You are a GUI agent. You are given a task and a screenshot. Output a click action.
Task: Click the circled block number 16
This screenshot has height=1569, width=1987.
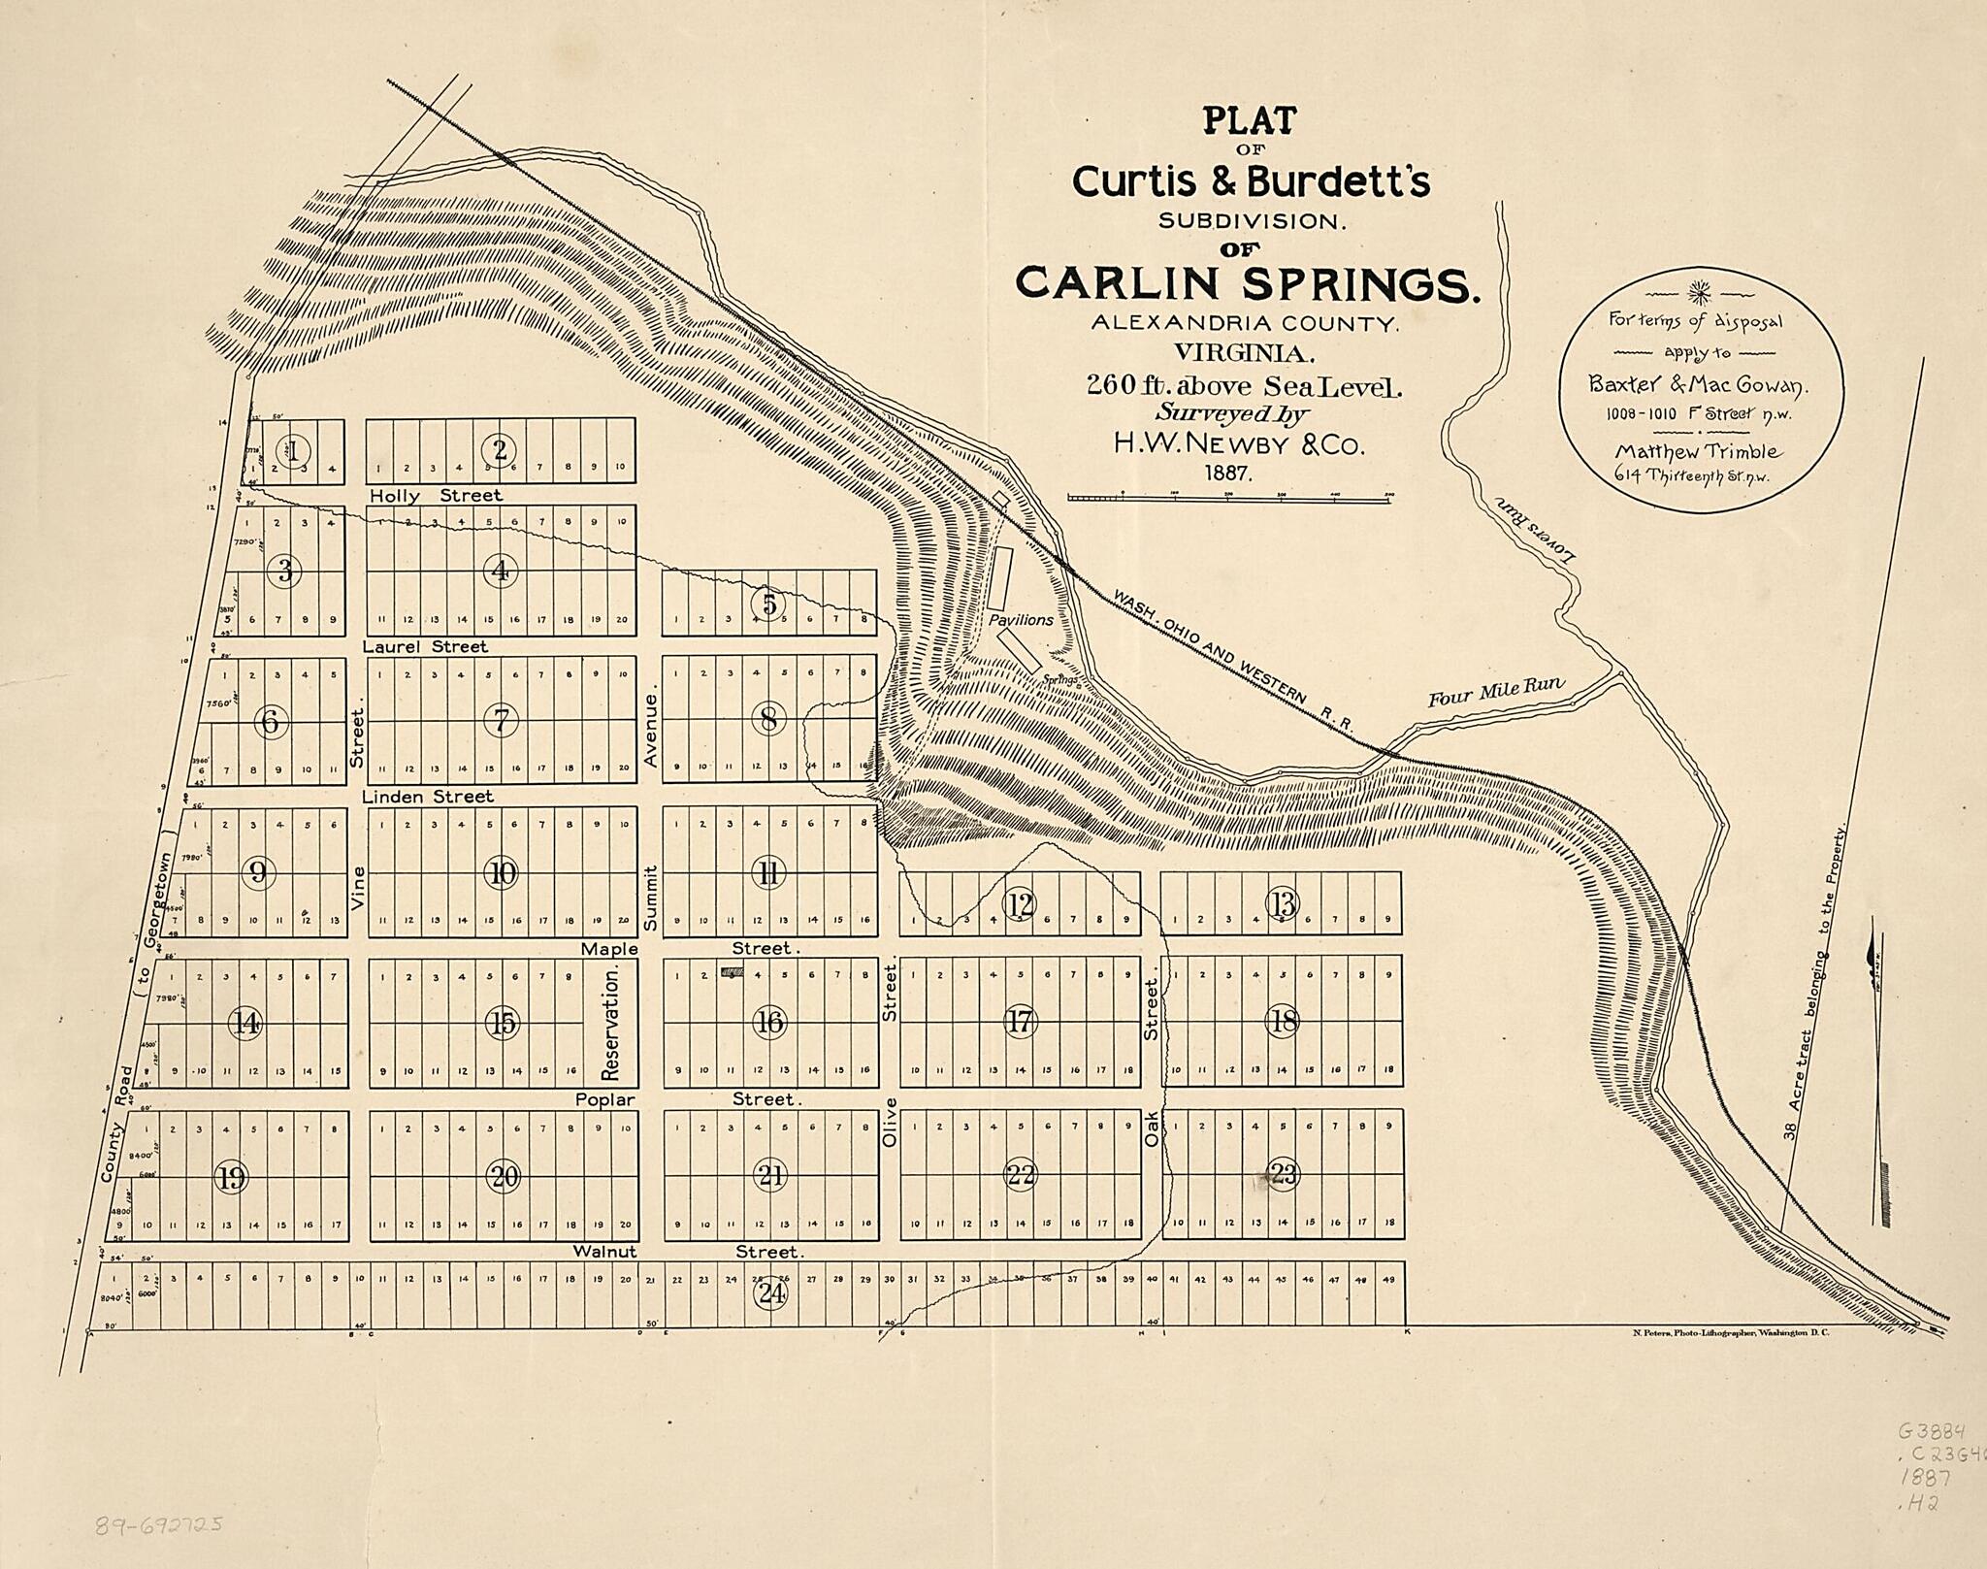pyautogui.click(x=770, y=1023)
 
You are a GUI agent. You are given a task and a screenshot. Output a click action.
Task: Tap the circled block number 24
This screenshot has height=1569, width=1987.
pyautogui.click(x=772, y=1293)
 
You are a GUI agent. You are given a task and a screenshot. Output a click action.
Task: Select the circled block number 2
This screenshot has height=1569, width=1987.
pyautogui.click(x=501, y=449)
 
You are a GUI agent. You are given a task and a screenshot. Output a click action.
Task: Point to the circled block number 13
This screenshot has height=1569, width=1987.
pyautogui.click(x=1282, y=904)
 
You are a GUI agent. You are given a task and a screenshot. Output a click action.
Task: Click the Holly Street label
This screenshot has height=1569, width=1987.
pyautogui.click(x=437, y=496)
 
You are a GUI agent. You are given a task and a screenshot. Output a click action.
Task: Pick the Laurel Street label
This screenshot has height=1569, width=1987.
pyautogui.click(x=426, y=646)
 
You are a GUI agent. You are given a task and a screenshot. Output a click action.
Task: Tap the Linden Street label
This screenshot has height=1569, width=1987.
pyautogui.click(x=428, y=797)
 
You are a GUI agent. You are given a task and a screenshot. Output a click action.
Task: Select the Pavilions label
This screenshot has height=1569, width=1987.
pyautogui.click(x=1021, y=619)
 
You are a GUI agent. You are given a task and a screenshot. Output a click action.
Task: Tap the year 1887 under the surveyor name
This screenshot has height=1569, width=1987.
pyautogui.click(x=1228, y=474)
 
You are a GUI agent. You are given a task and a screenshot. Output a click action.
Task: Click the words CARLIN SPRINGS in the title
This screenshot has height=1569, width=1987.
pyautogui.click(x=1248, y=282)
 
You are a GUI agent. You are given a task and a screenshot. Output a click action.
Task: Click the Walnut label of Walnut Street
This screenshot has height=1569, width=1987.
pyautogui.click(x=605, y=1252)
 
